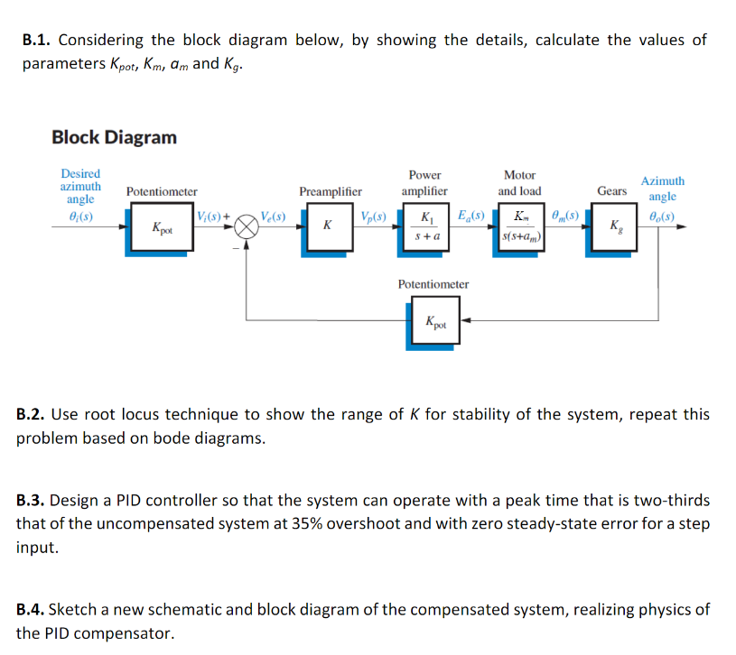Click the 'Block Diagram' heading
pos(114,137)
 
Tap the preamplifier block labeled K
pos(326,224)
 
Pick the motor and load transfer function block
pos(521,226)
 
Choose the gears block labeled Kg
pos(615,226)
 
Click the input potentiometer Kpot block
pos(163,228)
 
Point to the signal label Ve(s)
pos(272,216)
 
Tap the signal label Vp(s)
pos(373,216)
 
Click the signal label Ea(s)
pos(471,216)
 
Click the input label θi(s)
pos(80,217)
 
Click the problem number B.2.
pos(33,415)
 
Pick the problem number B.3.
pos(33,501)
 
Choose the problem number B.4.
pos(33,610)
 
